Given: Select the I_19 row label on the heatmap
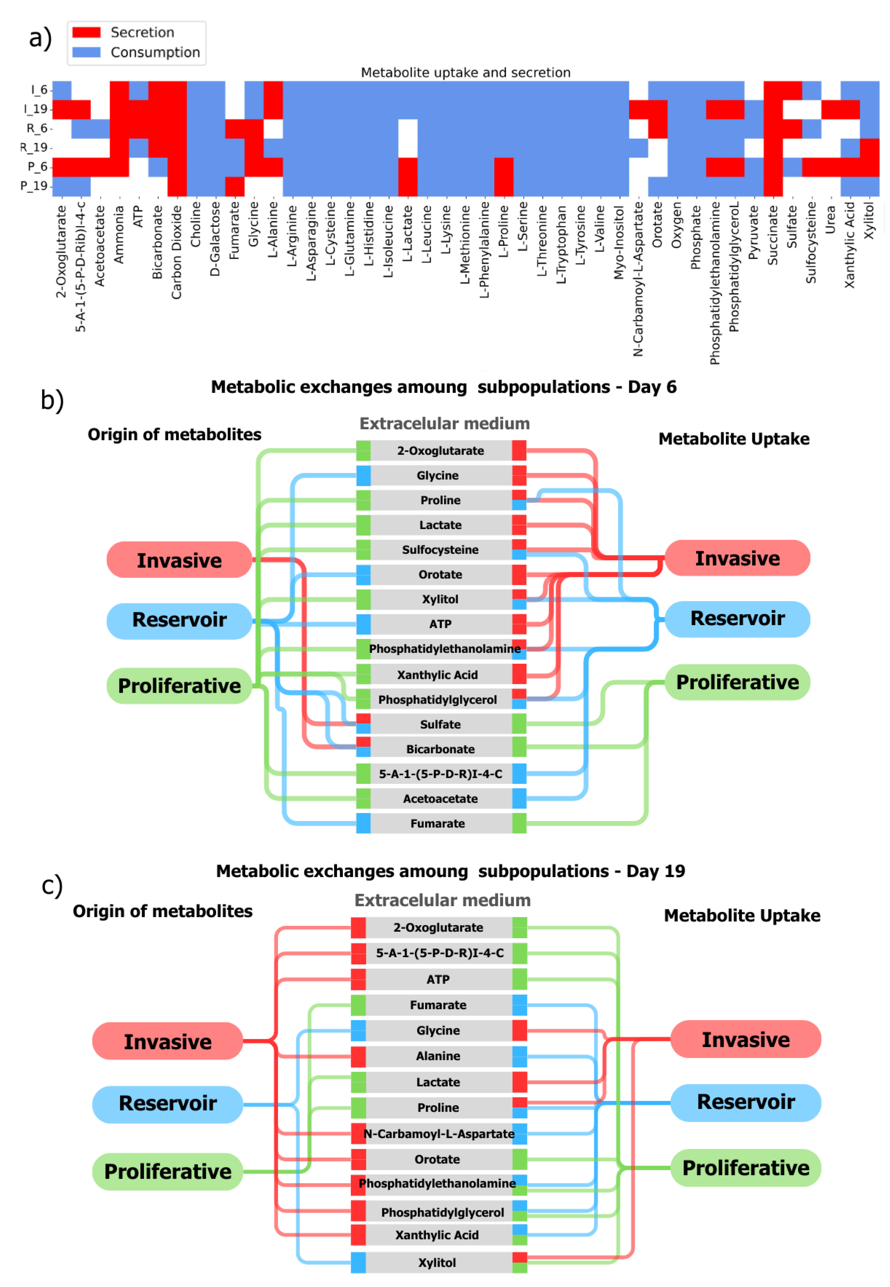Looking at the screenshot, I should point(37,109).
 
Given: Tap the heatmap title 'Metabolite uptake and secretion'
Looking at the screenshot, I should point(466,72).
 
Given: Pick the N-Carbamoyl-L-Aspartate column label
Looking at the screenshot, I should point(638,279).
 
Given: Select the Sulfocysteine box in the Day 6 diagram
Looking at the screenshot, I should point(441,550).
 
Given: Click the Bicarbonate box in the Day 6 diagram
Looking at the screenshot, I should point(441,749).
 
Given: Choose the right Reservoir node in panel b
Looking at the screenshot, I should point(737,619).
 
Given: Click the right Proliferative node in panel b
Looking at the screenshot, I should point(737,682).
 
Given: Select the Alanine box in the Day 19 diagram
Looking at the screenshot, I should point(438,1056).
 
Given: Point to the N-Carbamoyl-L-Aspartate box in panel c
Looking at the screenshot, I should point(439,1134).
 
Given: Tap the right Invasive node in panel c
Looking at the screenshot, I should point(746,1039).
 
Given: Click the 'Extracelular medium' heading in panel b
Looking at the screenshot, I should point(445,424).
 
